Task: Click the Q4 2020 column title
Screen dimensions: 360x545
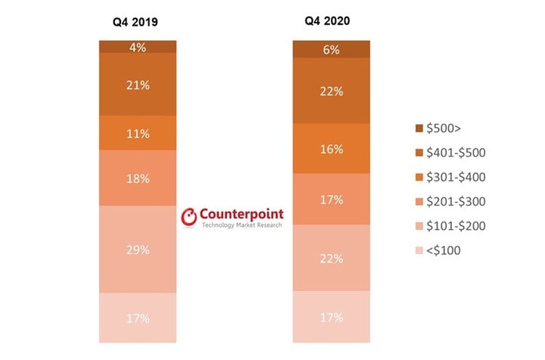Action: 332,21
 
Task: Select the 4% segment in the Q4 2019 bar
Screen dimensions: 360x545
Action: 137,47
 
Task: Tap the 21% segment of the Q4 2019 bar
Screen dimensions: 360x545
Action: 137,85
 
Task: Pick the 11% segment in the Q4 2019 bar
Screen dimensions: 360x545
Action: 137,133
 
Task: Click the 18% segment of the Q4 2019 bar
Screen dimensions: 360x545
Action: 137,178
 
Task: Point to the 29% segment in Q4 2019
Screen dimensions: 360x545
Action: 137,249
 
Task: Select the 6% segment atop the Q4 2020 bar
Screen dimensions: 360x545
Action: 332,49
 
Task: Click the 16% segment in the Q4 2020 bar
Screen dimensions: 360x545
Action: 332,148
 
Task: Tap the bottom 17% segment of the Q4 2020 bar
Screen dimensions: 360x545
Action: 332,317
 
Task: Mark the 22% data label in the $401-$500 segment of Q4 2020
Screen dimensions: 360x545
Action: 332,91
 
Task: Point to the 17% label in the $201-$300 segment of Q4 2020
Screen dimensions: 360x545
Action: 332,200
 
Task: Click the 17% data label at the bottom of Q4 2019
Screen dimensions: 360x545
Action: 137,318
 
